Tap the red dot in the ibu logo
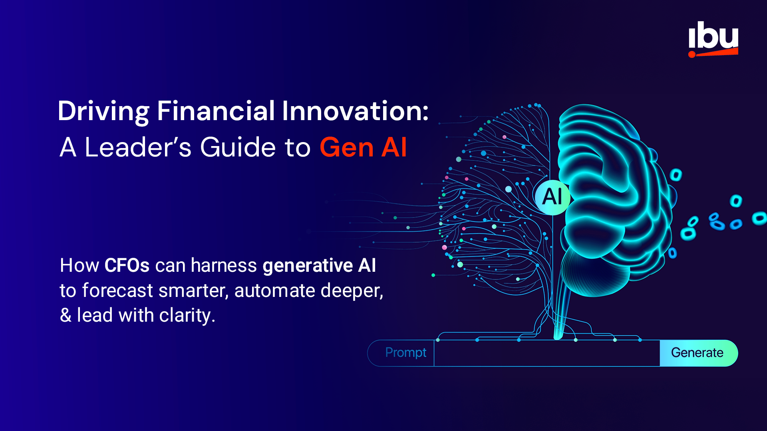tap(692, 54)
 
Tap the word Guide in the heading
tap(238, 147)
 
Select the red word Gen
tap(347, 148)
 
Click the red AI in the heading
tap(394, 147)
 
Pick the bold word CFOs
tap(127, 265)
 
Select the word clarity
tap(187, 315)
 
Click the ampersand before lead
tap(66, 315)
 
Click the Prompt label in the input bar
tap(405, 353)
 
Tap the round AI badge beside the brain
tap(552, 196)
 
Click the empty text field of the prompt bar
tap(546, 353)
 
